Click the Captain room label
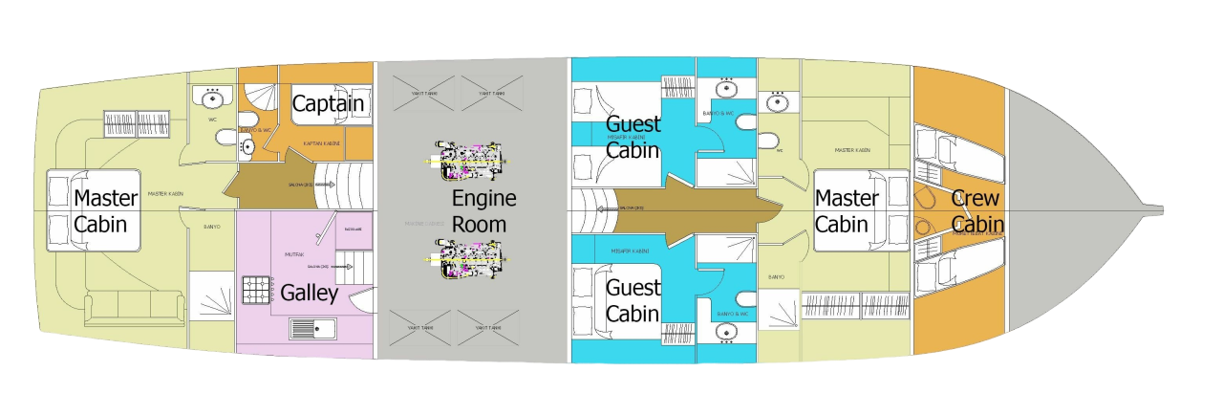click(329, 102)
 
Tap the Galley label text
click(309, 293)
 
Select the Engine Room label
click(483, 211)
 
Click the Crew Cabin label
click(976, 211)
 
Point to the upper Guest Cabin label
click(633, 137)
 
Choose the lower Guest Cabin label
click(633, 300)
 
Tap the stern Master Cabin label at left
click(106, 211)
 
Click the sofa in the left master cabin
click(135, 309)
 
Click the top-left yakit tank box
click(418, 94)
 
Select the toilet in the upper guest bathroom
click(768, 141)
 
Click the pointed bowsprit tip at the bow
click(1158, 207)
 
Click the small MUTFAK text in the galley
click(294, 254)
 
